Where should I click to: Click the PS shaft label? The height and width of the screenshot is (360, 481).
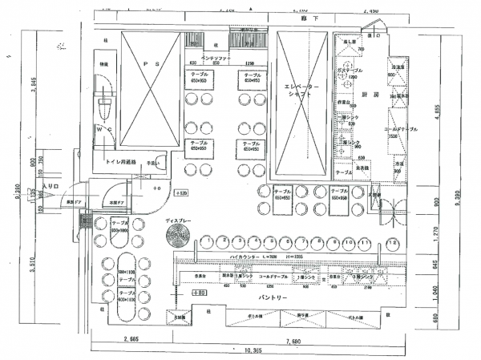(146, 63)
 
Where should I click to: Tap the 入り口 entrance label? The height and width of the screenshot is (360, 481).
(51, 186)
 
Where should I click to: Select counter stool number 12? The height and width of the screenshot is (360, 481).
(392, 242)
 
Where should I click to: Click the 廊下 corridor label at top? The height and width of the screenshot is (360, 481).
(304, 17)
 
